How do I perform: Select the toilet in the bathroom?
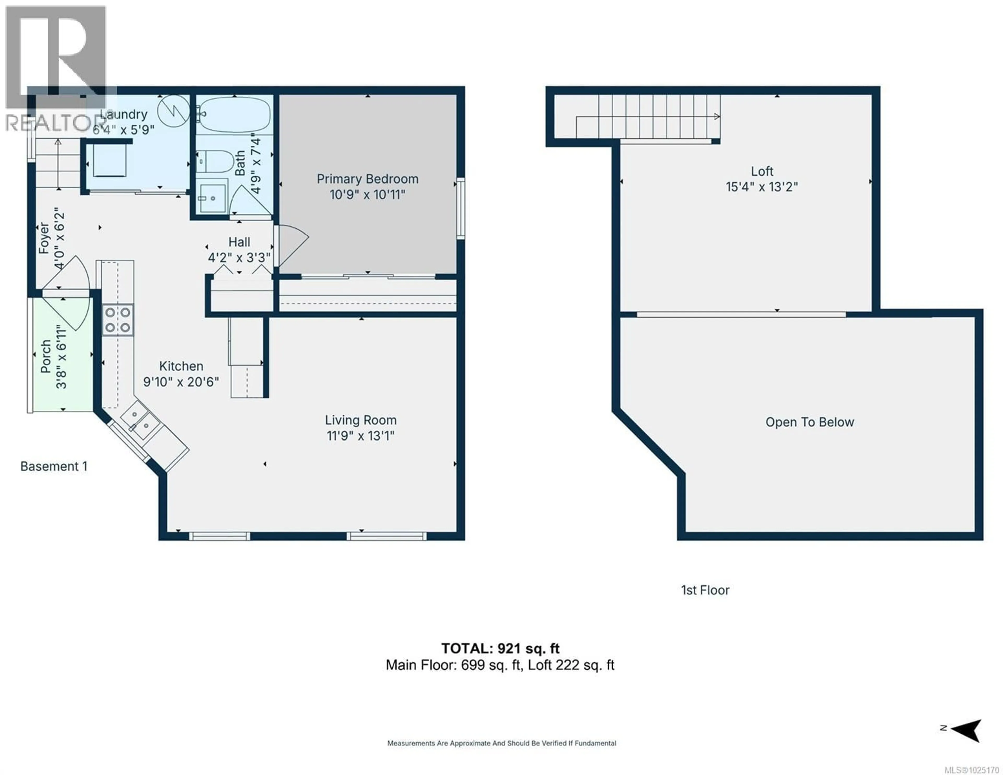point(216,161)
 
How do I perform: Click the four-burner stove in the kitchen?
point(118,320)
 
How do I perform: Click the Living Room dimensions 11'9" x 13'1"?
point(360,435)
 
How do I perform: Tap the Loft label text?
point(762,171)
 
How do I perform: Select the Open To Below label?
point(809,422)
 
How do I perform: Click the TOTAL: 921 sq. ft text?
point(500,648)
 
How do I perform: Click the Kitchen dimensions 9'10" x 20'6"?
point(181,382)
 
